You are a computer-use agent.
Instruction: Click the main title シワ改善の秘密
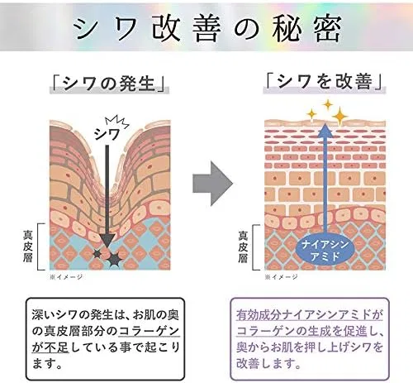pos(208,28)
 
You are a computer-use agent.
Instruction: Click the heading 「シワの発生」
pos(109,84)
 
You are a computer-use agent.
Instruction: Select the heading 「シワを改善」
pos(325,82)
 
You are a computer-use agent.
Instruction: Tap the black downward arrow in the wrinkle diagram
pos(107,195)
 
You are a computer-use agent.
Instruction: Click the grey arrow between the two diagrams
pos(213,184)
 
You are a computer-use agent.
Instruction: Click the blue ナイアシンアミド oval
pos(325,250)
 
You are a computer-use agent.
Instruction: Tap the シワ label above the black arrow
pos(107,135)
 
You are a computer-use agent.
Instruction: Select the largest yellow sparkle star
pos(340,117)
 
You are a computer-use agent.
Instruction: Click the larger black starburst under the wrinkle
pos(114,259)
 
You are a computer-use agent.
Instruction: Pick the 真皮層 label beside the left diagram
pos(28,247)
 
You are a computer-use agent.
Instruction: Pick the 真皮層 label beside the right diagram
pos(243,247)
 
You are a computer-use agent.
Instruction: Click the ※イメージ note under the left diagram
pos(66,277)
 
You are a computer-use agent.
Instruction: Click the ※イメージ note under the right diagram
pos(281,277)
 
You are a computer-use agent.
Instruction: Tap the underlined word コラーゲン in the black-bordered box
pos(149,331)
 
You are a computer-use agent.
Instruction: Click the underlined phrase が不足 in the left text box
pos(50,347)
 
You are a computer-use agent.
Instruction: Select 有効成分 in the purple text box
pos(259,315)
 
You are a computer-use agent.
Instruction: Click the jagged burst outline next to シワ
pos(117,122)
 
